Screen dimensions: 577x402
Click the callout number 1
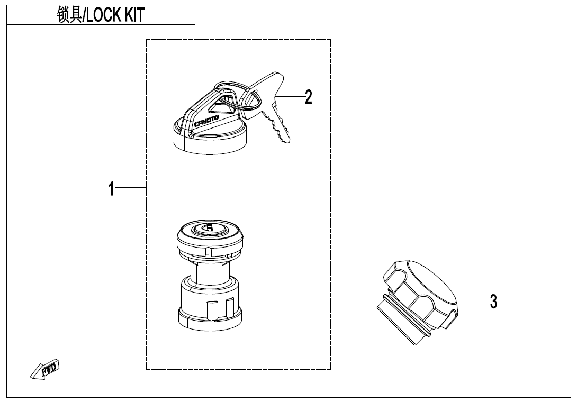(x=111, y=189)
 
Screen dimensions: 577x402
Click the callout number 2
(x=309, y=97)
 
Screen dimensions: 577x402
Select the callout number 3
(x=493, y=301)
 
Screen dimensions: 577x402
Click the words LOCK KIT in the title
(x=115, y=15)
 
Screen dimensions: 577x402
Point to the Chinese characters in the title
(x=69, y=15)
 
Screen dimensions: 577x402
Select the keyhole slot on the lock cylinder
(x=210, y=227)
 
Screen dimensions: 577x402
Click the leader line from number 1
(x=131, y=188)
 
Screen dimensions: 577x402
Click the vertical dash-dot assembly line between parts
(x=210, y=189)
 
